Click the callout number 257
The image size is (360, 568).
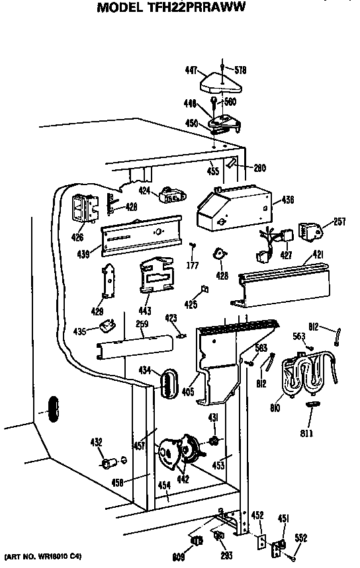click(339, 222)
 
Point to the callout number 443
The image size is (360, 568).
click(145, 310)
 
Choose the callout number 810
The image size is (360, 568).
click(275, 409)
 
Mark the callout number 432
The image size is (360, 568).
click(97, 441)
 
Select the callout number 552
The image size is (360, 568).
click(301, 538)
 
